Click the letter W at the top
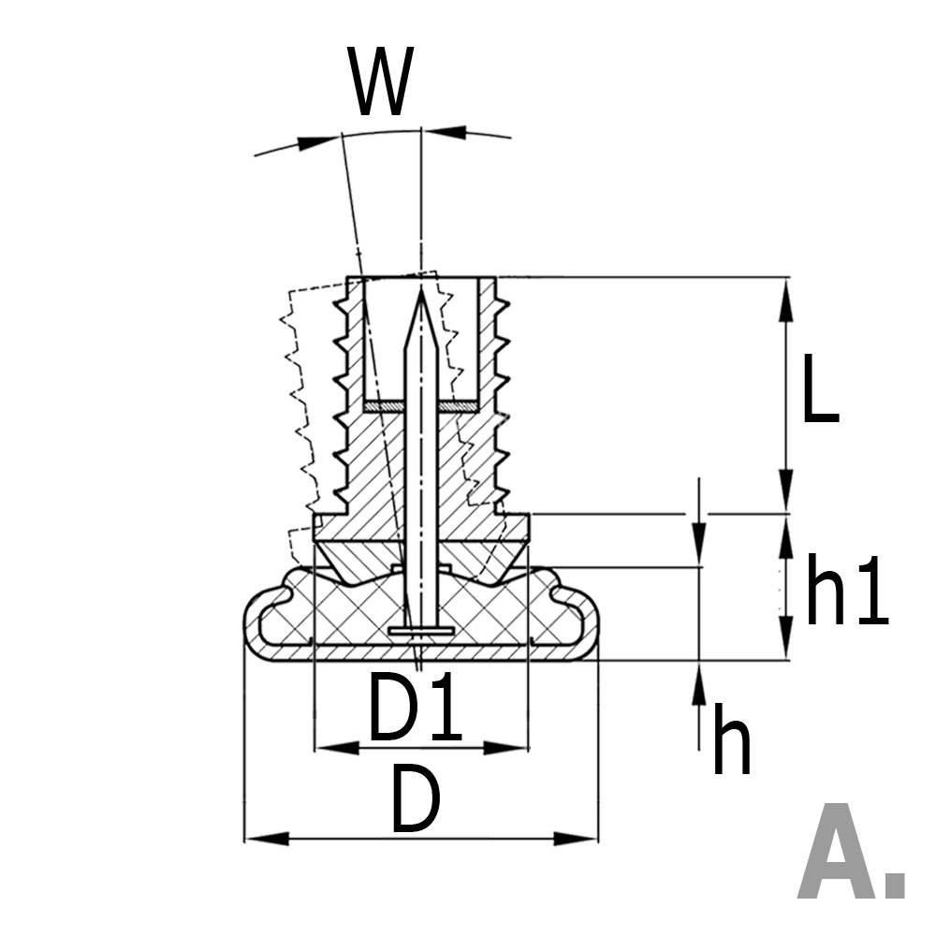pyautogui.click(x=382, y=82)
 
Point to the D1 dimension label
pyautogui.click(x=415, y=709)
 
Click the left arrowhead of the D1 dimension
pyautogui.click(x=332, y=748)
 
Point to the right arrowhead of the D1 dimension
pyautogui.click(x=510, y=748)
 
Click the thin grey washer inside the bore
pyautogui.click(x=421, y=407)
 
